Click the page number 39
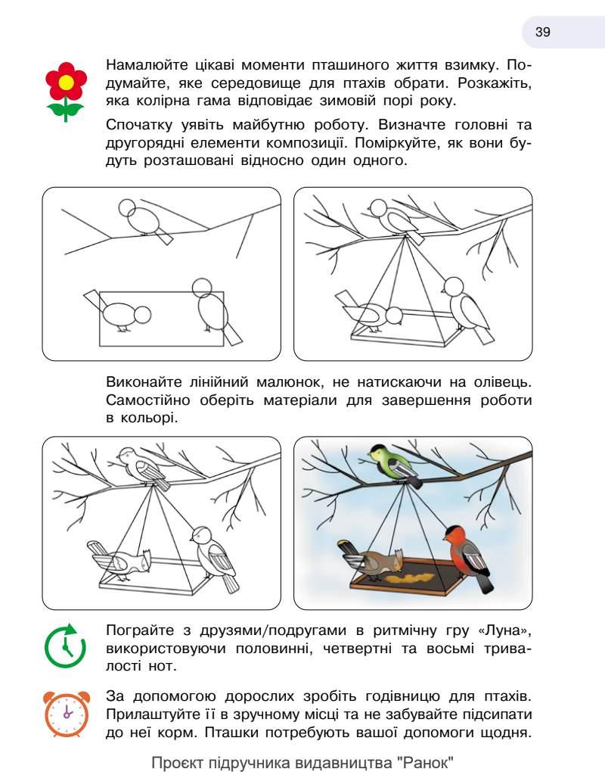(x=543, y=32)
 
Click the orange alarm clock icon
(x=67, y=714)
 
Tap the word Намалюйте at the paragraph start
(x=145, y=66)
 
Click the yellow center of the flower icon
(x=66, y=81)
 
